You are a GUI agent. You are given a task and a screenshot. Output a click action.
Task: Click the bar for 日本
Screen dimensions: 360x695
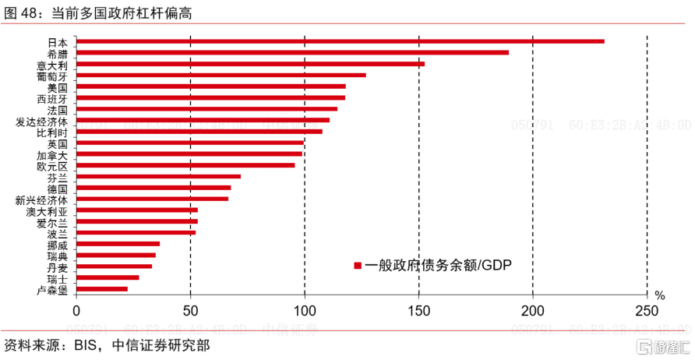coord(340,41)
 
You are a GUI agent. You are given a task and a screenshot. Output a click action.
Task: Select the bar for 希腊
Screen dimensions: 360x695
coord(292,53)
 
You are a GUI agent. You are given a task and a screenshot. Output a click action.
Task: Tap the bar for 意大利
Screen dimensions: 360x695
coord(250,64)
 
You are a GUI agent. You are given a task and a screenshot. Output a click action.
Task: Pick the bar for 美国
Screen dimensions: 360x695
coord(211,86)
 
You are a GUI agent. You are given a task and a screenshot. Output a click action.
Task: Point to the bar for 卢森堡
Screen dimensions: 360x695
coord(102,289)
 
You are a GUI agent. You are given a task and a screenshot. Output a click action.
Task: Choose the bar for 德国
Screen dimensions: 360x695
coord(153,188)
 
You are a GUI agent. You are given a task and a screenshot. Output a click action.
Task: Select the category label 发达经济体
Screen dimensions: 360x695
coord(41,122)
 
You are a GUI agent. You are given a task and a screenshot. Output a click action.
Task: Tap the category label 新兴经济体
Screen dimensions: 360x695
coord(41,200)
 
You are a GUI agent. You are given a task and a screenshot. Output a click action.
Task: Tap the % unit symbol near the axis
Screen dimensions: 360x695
coord(659,296)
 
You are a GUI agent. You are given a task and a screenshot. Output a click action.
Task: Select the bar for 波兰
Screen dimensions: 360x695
coord(136,233)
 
